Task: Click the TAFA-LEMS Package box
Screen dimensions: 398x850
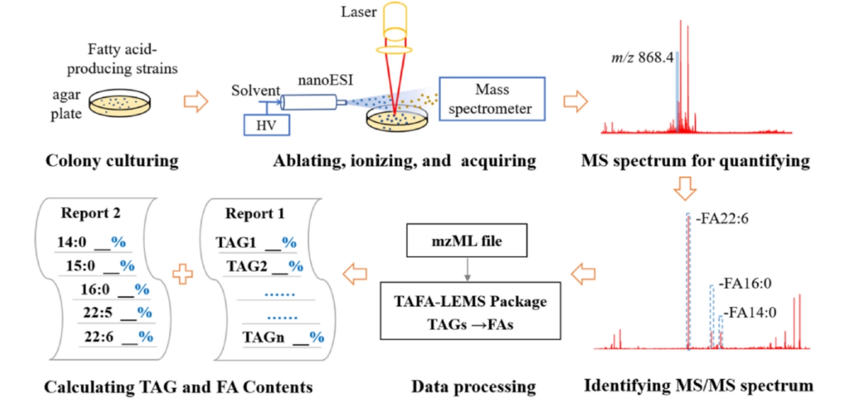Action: [470, 311]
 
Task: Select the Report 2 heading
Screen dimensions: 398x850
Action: [91, 214]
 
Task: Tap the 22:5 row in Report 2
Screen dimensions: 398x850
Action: [118, 312]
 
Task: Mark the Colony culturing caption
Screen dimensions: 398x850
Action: [112, 161]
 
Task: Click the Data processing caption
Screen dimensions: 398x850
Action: [473, 386]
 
